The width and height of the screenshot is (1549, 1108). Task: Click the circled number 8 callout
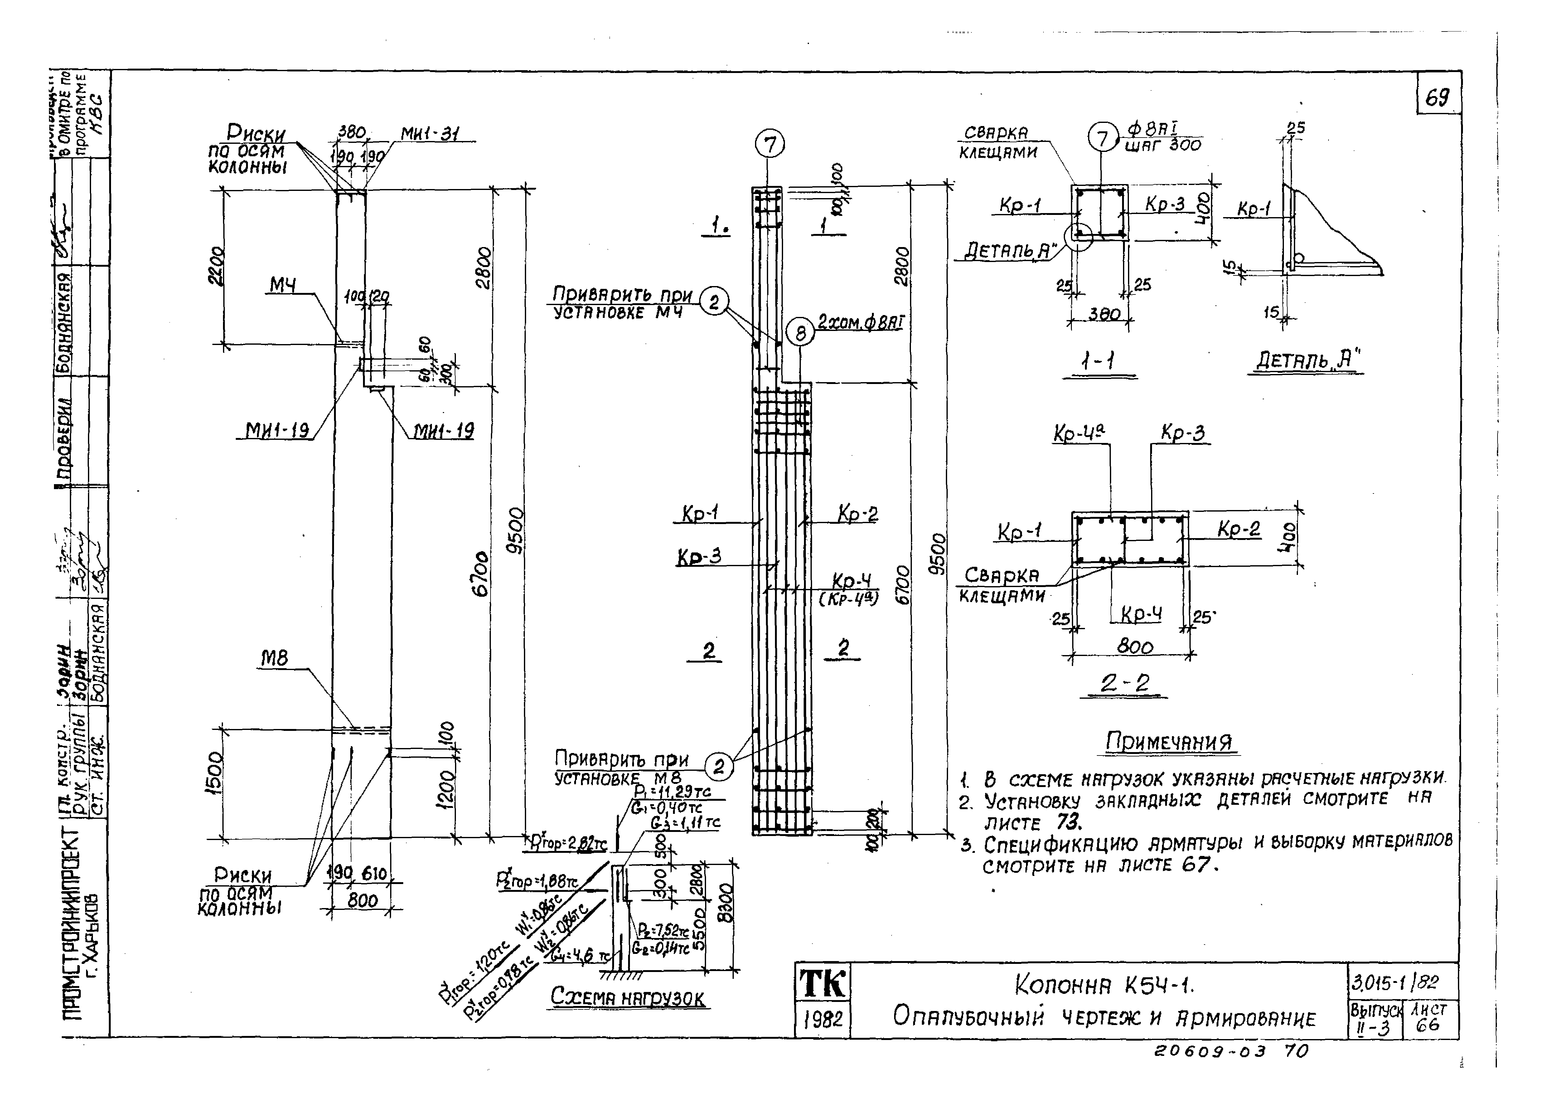801,333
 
